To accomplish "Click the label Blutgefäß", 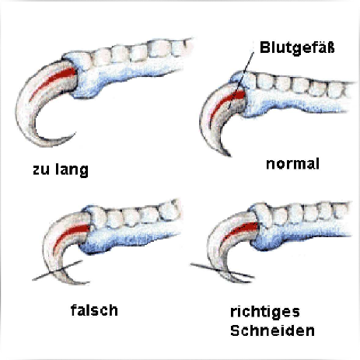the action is coord(297,48).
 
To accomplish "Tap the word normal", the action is coord(292,164).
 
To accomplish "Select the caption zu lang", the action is coord(61,170).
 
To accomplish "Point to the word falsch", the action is coord(94,310).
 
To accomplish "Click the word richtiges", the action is coord(265,312).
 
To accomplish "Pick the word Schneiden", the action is coord(272,330).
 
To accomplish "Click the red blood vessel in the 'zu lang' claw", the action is coord(53,82).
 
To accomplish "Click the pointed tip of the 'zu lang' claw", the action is coord(75,134).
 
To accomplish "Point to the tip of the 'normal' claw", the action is coord(229,155).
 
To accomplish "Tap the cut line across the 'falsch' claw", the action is coord(58,271).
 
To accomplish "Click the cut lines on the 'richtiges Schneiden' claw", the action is coord(222,271).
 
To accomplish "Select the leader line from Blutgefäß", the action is coord(241,80).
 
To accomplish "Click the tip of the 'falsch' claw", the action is coord(88,282).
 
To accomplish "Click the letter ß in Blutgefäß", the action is coord(330,47).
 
